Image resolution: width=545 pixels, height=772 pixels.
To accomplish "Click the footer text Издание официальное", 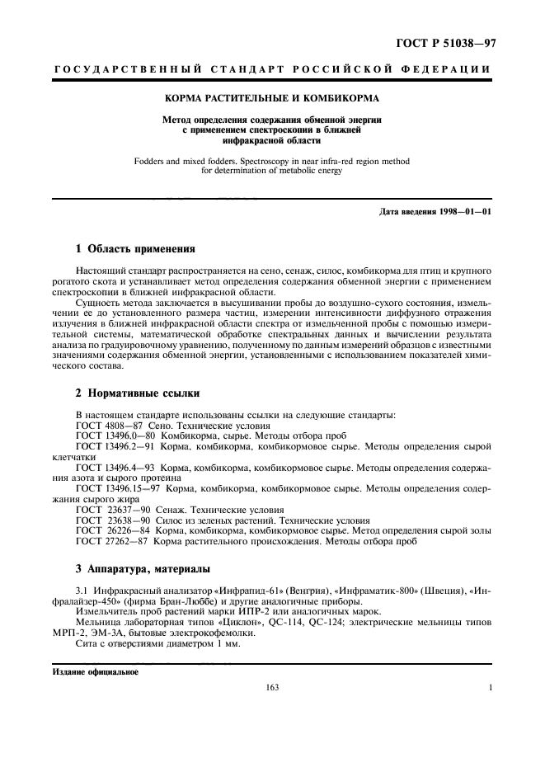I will (95, 671).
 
